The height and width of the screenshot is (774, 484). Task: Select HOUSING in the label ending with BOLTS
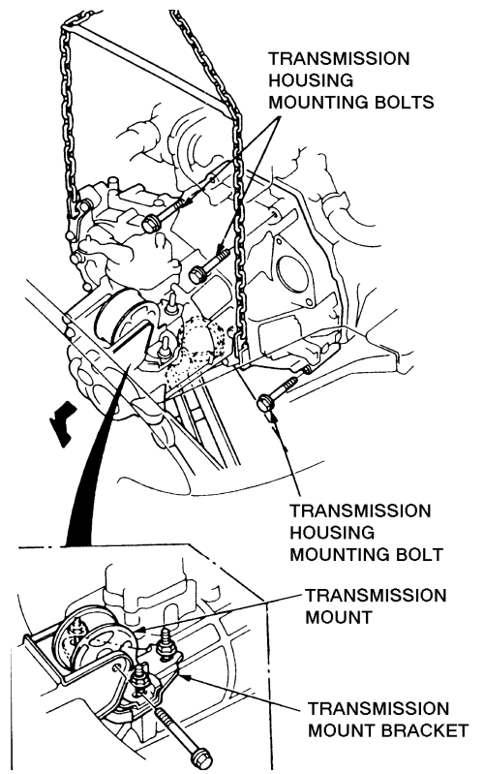coord(311,80)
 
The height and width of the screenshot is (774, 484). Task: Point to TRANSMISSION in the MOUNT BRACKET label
coord(378,708)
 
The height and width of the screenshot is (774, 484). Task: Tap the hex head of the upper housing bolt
coord(149,224)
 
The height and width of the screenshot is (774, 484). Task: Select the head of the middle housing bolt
coord(197,274)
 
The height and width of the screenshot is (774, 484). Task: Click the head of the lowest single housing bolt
coord(265,403)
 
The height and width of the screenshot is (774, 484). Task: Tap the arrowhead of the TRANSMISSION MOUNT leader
coord(139,630)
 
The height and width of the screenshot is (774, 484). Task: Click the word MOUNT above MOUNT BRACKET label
coord(339,617)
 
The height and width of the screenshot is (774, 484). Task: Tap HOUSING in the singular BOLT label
coord(332,532)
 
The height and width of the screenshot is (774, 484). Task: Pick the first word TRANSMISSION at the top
coord(339,59)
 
